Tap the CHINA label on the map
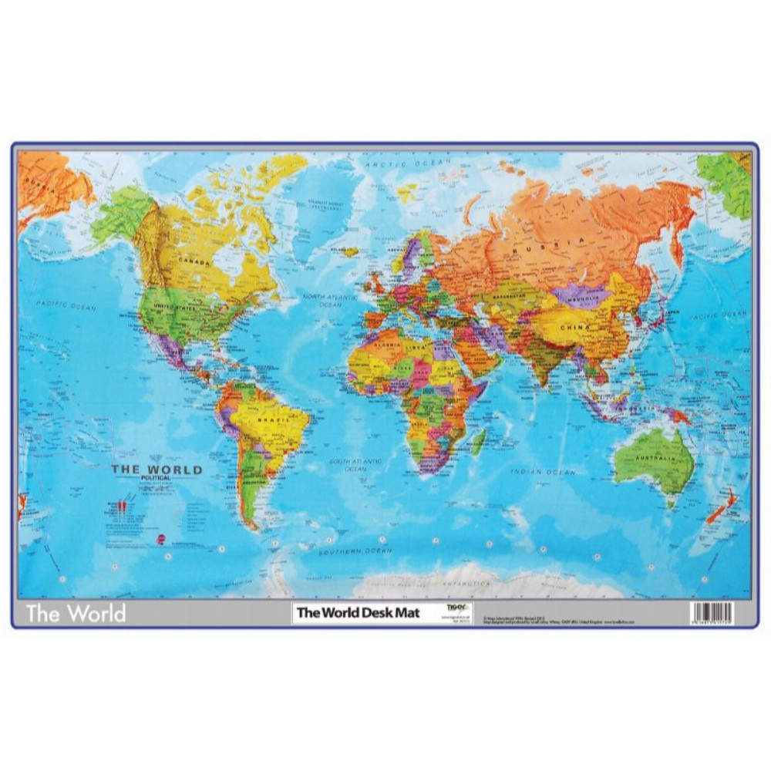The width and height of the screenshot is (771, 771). (576, 327)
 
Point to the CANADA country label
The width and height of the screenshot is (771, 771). (194, 261)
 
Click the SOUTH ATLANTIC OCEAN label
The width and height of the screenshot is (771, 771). (355, 465)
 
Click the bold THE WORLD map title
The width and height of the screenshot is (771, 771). (157, 469)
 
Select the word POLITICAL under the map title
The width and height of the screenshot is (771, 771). (157, 479)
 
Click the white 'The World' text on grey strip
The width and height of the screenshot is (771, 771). (76, 614)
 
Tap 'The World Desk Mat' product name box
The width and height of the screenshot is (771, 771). (359, 614)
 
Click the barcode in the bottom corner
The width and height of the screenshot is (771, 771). (712, 614)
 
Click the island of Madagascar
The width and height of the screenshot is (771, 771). (479, 441)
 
